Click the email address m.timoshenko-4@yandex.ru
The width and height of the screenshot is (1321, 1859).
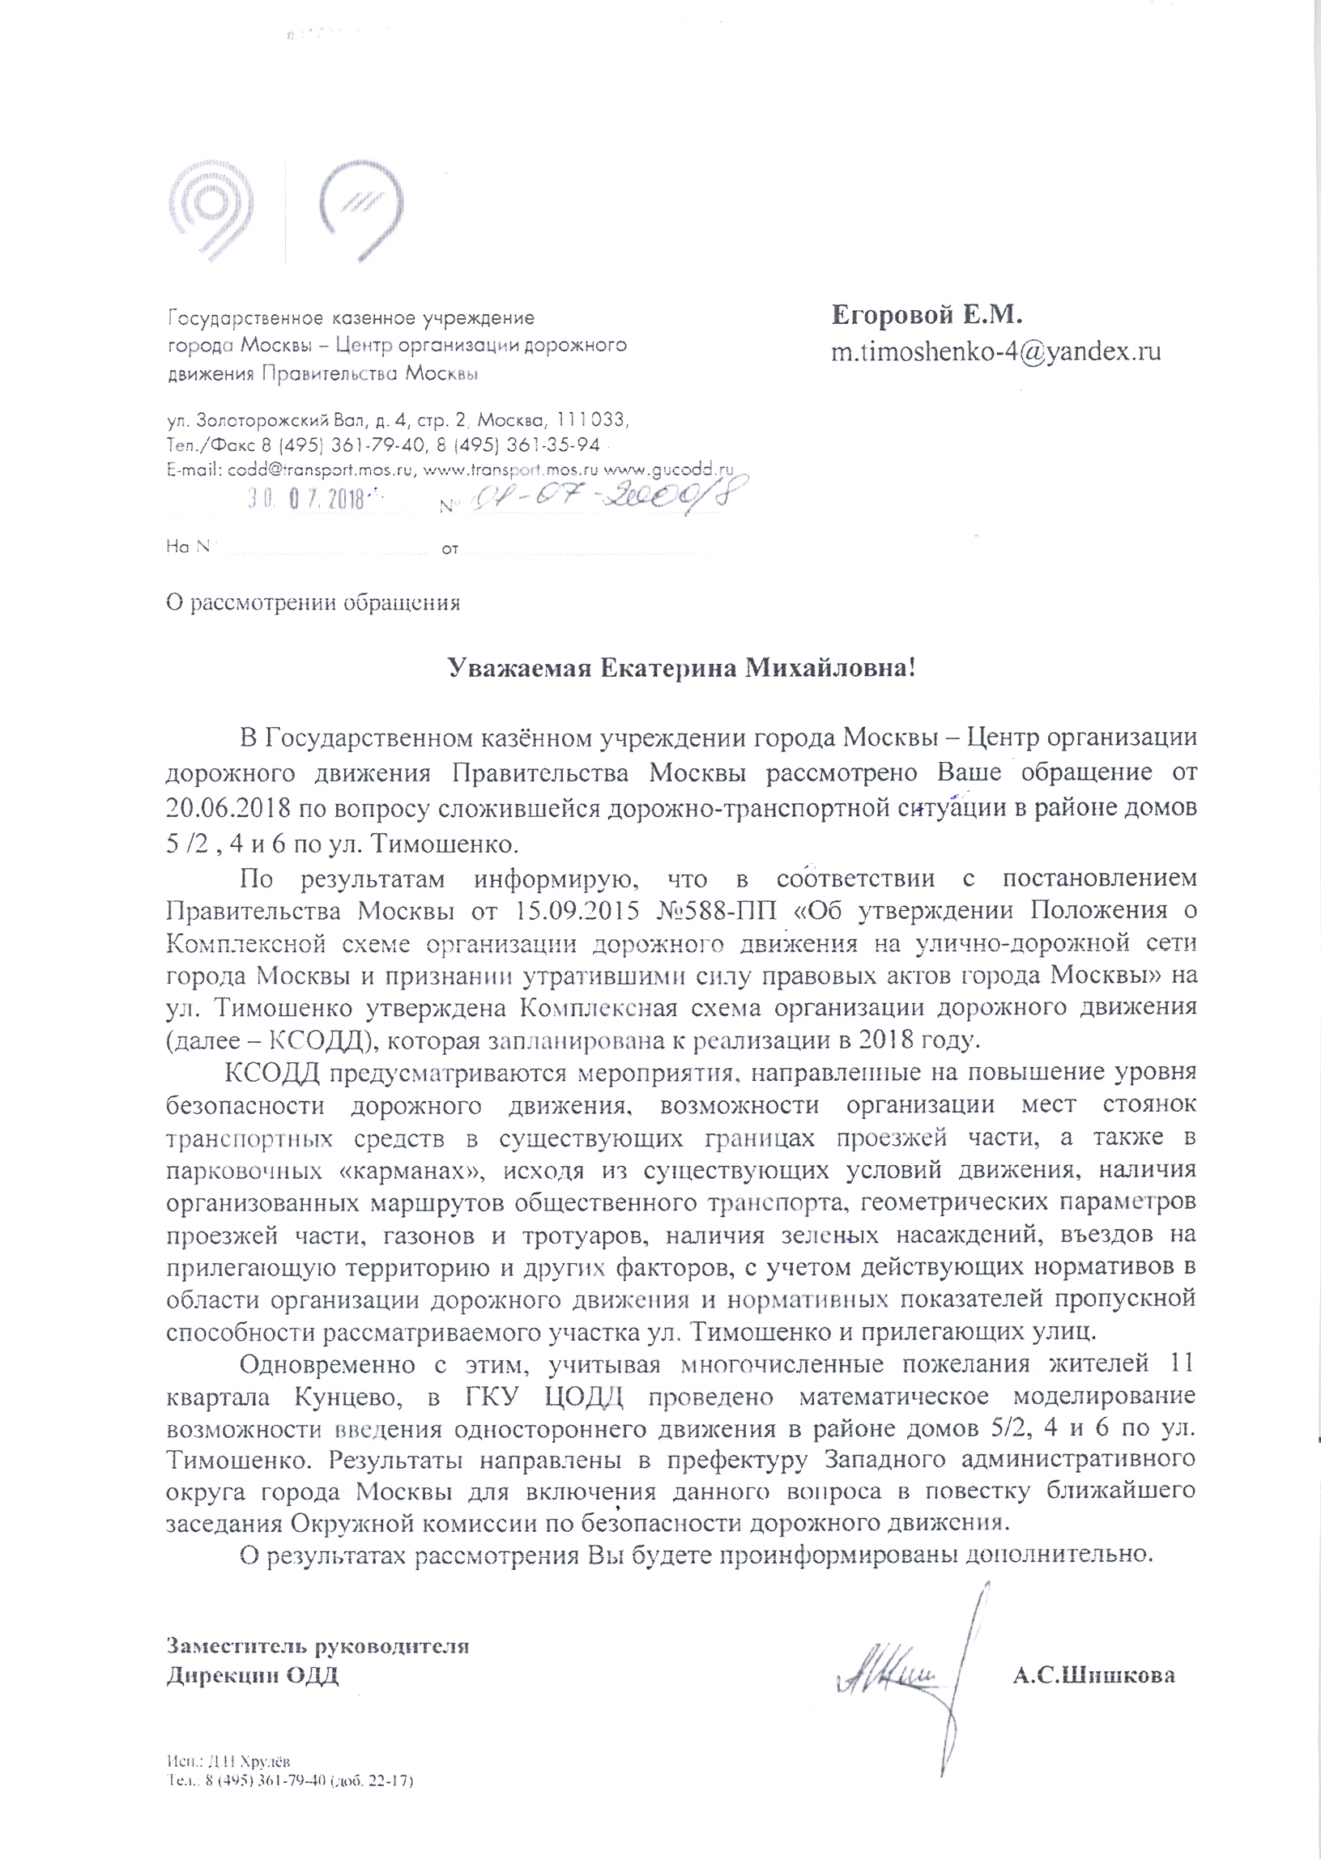click(x=995, y=351)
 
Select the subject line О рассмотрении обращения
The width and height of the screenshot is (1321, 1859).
click(x=313, y=603)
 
